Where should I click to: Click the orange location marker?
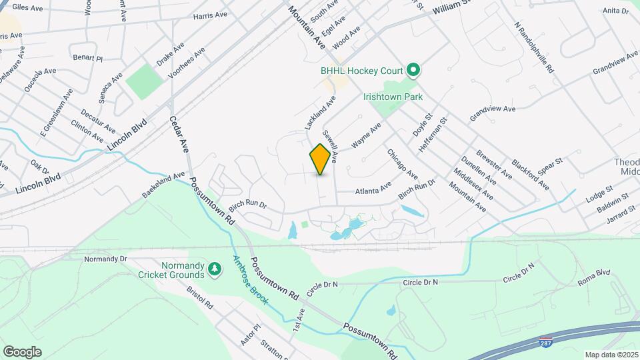(x=321, y=159)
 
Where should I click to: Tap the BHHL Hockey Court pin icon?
(x=413, y=69)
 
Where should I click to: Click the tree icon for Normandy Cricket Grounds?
(x=214, y=269)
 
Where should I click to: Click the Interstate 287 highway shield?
(x=546, y=343)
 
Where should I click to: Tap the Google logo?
(x=22, y=351)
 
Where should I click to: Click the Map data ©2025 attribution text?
(x=611, y=355)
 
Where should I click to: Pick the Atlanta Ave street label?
(x=373, y=191)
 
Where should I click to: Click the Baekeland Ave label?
(x=163, y=185)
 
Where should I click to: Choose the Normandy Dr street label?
(x=106, y=259)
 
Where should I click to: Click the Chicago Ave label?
(x=402, y=164)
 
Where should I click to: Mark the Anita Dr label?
(x=615, y=11)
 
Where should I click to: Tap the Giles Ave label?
(x=27, y=8)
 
